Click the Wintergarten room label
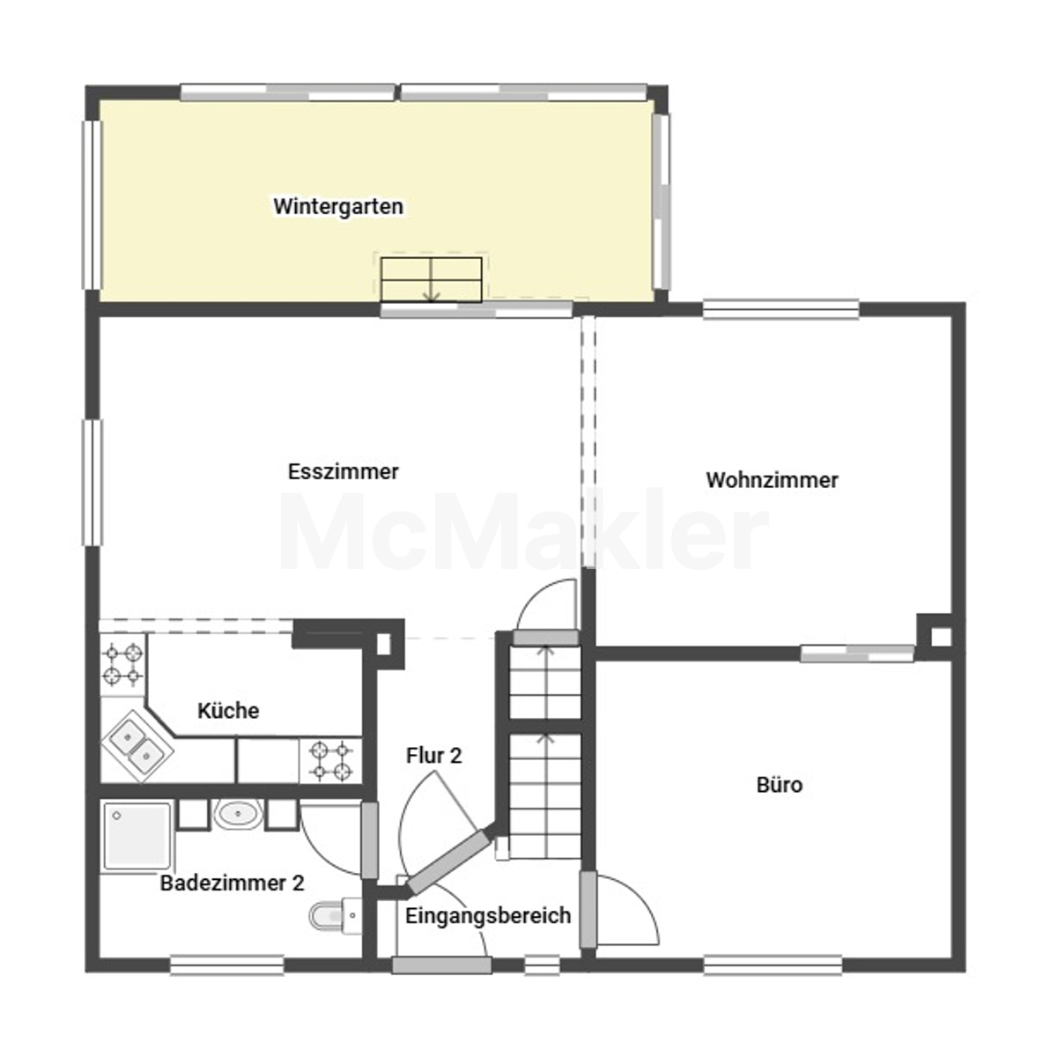pyautogui.click(x=338, y=207)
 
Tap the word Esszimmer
pyautogui.click(x=343, y=472)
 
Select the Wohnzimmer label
pyautogui.click(x=772, y=480)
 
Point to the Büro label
pyautogui.click(x=779, y=785)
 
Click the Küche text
pyautogui.click(x=228, y=710)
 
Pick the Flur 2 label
pyautogui.click(x=433, y=755)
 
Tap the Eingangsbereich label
pyautogui.click(x=488, y=915)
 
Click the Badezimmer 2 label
pyautogui.click(x=232, y=883)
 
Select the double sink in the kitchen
pyautogui.click(x=137, y=747)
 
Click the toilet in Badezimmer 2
pyautogui.click(x=336, y=915)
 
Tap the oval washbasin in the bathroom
pyautogui.click(x=238, y=814)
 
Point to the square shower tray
pyautogui.click(x=137, y=836)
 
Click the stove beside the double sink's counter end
pyautogui.click(x=330, y=760)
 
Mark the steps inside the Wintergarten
pyautogui.click(x=432, y=279)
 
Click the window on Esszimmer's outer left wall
pyautogui.click(x=92, y=483)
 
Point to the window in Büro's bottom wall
pyautogui.click(x=773, y=965)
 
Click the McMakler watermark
pyautogui.click(x=524, y=530)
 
